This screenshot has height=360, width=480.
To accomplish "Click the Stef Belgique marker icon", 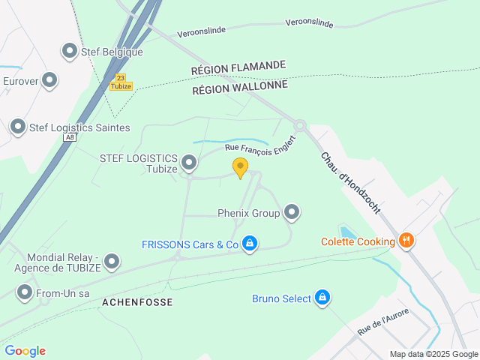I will point(70,51).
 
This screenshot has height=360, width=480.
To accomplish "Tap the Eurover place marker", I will point(49,79).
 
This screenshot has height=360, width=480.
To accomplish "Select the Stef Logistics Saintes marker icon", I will point(17,127).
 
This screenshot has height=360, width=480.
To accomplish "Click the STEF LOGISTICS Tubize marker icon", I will point(189,162).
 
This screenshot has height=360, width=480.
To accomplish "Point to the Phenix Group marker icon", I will point(292,213).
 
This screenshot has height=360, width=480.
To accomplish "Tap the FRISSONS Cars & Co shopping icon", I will point(250,244).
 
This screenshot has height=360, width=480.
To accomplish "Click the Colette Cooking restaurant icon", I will point(406,241).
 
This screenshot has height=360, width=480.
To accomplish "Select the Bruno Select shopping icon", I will point(322,298).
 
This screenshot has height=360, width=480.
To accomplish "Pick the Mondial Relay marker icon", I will point(112,262).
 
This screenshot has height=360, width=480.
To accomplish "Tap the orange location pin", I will point(240,167).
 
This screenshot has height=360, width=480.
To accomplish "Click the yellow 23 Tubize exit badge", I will point(121,82).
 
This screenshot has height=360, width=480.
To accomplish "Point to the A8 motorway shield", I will point(70,137).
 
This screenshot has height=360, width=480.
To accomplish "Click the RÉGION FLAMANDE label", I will point(238,67).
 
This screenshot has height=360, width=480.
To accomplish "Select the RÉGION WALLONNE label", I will point(240,87).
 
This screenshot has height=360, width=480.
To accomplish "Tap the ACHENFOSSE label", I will point(137,302).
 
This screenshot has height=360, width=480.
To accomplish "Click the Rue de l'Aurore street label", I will point(383,322).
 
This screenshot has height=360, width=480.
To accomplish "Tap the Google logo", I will point(25,350).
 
